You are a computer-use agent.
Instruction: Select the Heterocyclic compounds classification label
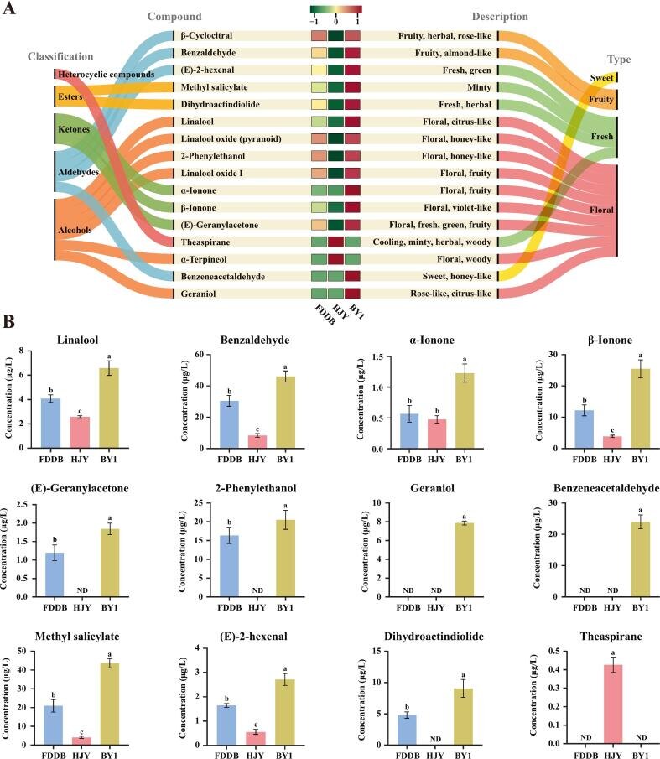(x=107, y=75)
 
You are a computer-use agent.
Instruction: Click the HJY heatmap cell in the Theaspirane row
(x=335, y=242)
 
